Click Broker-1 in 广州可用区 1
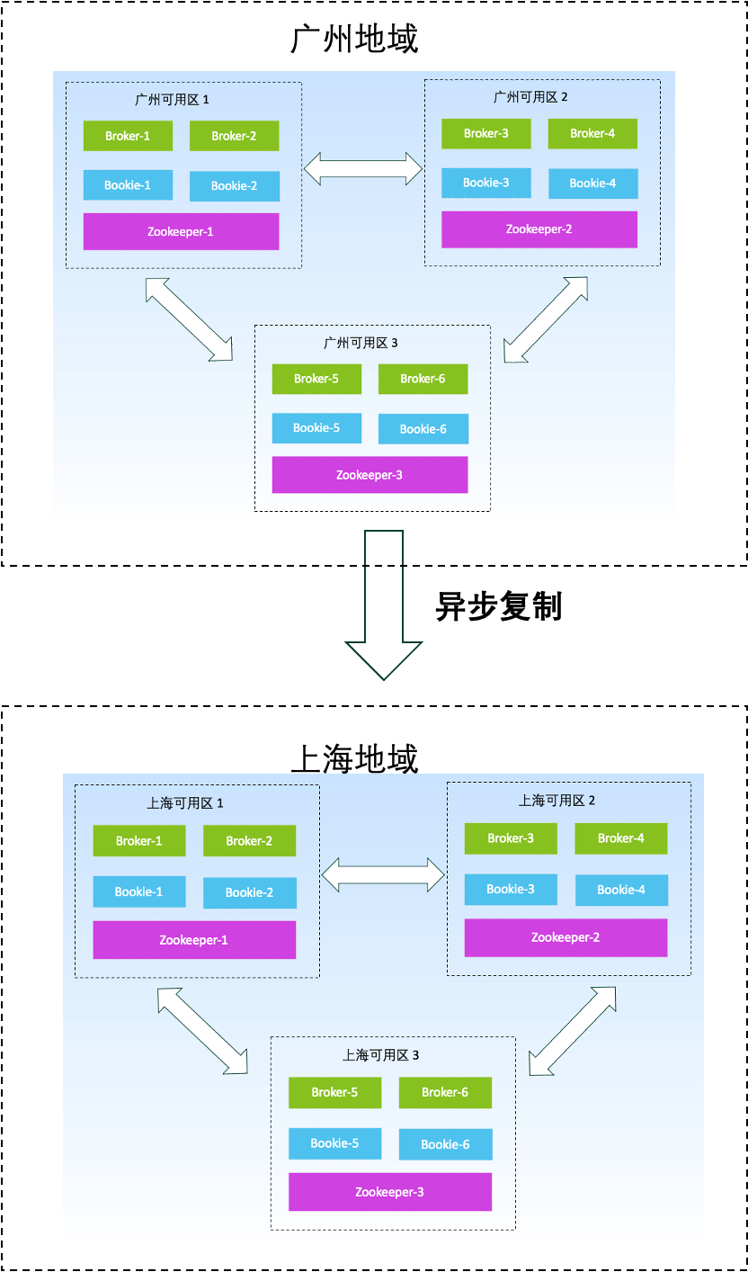tap(128, 136)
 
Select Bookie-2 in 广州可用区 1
tap(235, 186)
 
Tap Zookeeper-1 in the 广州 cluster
tap(181, 231)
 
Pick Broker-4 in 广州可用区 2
tap(592, 133)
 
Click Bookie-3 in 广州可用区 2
tap(485, 183)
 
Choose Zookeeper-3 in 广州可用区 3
tap(370, 475)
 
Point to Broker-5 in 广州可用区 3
tap(316, 379)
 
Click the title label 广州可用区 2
tap(530, 96)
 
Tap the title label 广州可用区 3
tap(361, 343)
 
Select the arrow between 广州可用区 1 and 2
tap(363, 168)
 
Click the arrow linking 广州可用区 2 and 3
tap(546, 319)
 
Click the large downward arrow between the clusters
tap(384, 612)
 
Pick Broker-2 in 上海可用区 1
tap(249, 841)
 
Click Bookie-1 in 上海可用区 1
tap(139, 891)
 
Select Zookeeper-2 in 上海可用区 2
tap(565, 937)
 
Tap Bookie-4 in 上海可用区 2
tap(621, 890)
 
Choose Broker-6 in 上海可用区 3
tap(445, 1092)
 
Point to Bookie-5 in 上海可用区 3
tap(334, 1143)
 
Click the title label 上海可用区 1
tap(185, 803)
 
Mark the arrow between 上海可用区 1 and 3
tap(202, 1030)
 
